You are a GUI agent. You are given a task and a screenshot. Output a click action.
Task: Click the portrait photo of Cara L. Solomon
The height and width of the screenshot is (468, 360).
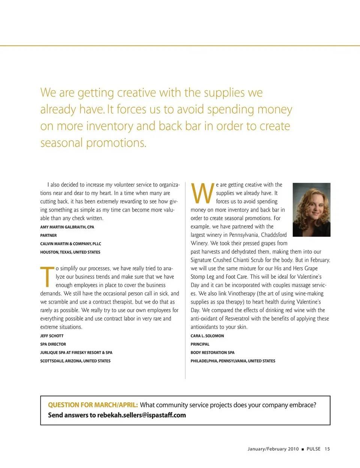click(311, 209)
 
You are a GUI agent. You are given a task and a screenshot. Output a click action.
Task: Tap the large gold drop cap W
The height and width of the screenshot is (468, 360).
click(202, 193)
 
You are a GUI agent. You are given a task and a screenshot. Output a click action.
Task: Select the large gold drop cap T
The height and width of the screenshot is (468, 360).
click(47, 277)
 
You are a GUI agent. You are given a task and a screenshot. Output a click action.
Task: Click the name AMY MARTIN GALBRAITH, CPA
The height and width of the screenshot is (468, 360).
click(67, 227)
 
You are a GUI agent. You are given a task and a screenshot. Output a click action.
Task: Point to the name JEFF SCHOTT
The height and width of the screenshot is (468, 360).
click(52, 336)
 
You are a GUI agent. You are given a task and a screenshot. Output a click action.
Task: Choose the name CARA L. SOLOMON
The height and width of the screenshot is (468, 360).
click(207, 336)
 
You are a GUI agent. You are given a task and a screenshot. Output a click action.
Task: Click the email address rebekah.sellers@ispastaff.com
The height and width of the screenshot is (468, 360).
click(141, 415)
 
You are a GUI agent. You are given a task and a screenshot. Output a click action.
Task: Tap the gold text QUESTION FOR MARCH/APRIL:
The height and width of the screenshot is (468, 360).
click(93, 405)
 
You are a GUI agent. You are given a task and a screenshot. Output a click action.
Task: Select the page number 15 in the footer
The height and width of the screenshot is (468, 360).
click(327, 449)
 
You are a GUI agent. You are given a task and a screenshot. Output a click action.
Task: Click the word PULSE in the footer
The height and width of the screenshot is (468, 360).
click(313, 449)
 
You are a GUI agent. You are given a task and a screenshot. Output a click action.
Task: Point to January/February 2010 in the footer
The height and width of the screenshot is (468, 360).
click(273, 449)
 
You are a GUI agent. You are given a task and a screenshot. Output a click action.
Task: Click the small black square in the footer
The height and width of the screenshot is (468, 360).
click(303, 449)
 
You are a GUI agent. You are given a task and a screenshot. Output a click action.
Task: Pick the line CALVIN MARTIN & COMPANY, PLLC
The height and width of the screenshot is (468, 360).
click(70, 244)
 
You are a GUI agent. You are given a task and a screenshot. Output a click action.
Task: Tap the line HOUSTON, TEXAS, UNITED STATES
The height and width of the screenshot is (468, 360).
click(70, 252)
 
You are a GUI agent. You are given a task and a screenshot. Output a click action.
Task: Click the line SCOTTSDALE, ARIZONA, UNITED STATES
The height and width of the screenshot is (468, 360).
click(75, 361)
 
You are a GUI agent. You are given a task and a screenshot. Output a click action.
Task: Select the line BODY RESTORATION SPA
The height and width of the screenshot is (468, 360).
click(212, 353)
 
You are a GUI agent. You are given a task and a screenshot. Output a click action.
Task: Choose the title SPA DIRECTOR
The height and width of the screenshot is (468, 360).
click(53, 344)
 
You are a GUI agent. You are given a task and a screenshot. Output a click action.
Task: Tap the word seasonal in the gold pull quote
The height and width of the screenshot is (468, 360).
click(61, 143)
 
